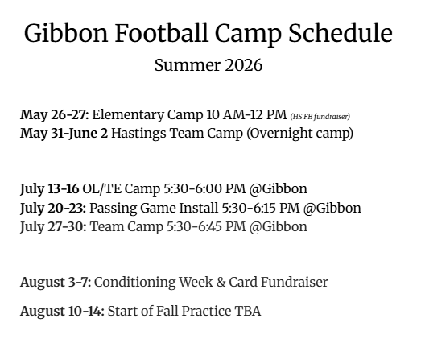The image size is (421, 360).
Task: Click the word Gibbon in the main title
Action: coord(66,33)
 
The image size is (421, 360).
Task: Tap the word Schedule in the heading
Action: coord(341,32)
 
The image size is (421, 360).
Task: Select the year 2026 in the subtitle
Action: coord(243,65)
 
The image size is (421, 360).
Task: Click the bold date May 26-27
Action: coord(55,114)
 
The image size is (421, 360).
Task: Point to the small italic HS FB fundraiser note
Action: coord(320,117)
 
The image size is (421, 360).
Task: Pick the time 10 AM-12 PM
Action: coord(246,114)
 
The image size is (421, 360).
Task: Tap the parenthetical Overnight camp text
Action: coord(300,134)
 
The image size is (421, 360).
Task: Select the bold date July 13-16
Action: coord(50,189)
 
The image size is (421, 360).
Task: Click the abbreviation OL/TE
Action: coord(101,189)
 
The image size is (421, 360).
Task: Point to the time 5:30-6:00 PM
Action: coord(204,189)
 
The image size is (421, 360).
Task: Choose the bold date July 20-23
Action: coord(53,209)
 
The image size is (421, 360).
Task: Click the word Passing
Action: coord(113,209)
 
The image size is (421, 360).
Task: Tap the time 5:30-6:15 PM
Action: coord(261,209)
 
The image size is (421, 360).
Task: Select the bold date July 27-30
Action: coord(53,227)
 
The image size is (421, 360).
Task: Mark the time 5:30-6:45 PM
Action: coord(206,227)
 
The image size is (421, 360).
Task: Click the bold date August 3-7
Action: coord(56,283)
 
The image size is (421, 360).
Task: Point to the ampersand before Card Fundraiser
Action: coord(221,283)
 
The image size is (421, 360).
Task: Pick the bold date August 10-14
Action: coord(62,312)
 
